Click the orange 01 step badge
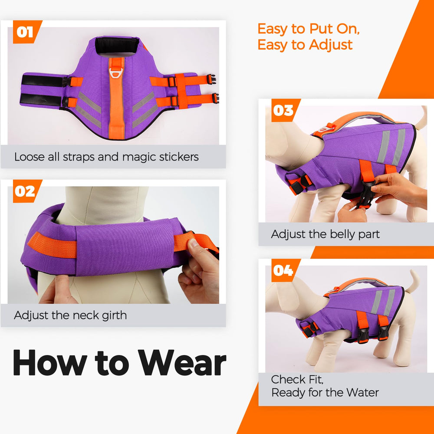(27, 32)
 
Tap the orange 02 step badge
(27, 191)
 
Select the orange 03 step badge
(285, 110)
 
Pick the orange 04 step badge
(285, 270)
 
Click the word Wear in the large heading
(182, 362)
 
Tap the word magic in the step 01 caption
(139, 157)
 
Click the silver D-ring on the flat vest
(116, 73)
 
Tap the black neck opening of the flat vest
(117, 46)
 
